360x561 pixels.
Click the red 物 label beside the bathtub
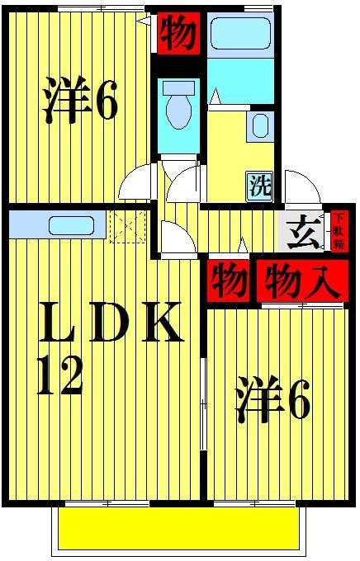click(178, 34)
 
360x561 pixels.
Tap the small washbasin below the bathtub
click(259, 126)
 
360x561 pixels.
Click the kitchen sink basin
click(63, 224)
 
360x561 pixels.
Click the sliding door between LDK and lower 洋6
click(204, 404)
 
